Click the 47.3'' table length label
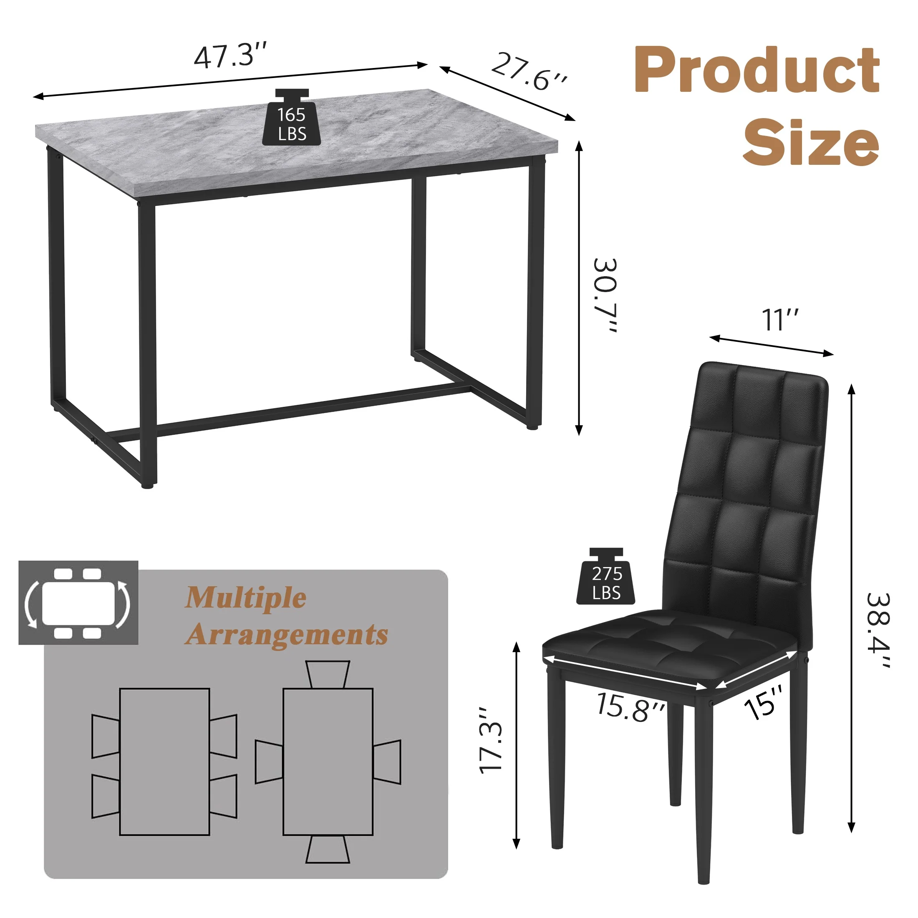point(230,56)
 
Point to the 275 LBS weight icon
point(606,578)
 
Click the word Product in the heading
point(757,71)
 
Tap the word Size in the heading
point(811,143)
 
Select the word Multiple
point(245,598)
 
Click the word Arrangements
point(287,634)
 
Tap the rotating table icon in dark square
point(78,603)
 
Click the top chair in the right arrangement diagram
point(328,674)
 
